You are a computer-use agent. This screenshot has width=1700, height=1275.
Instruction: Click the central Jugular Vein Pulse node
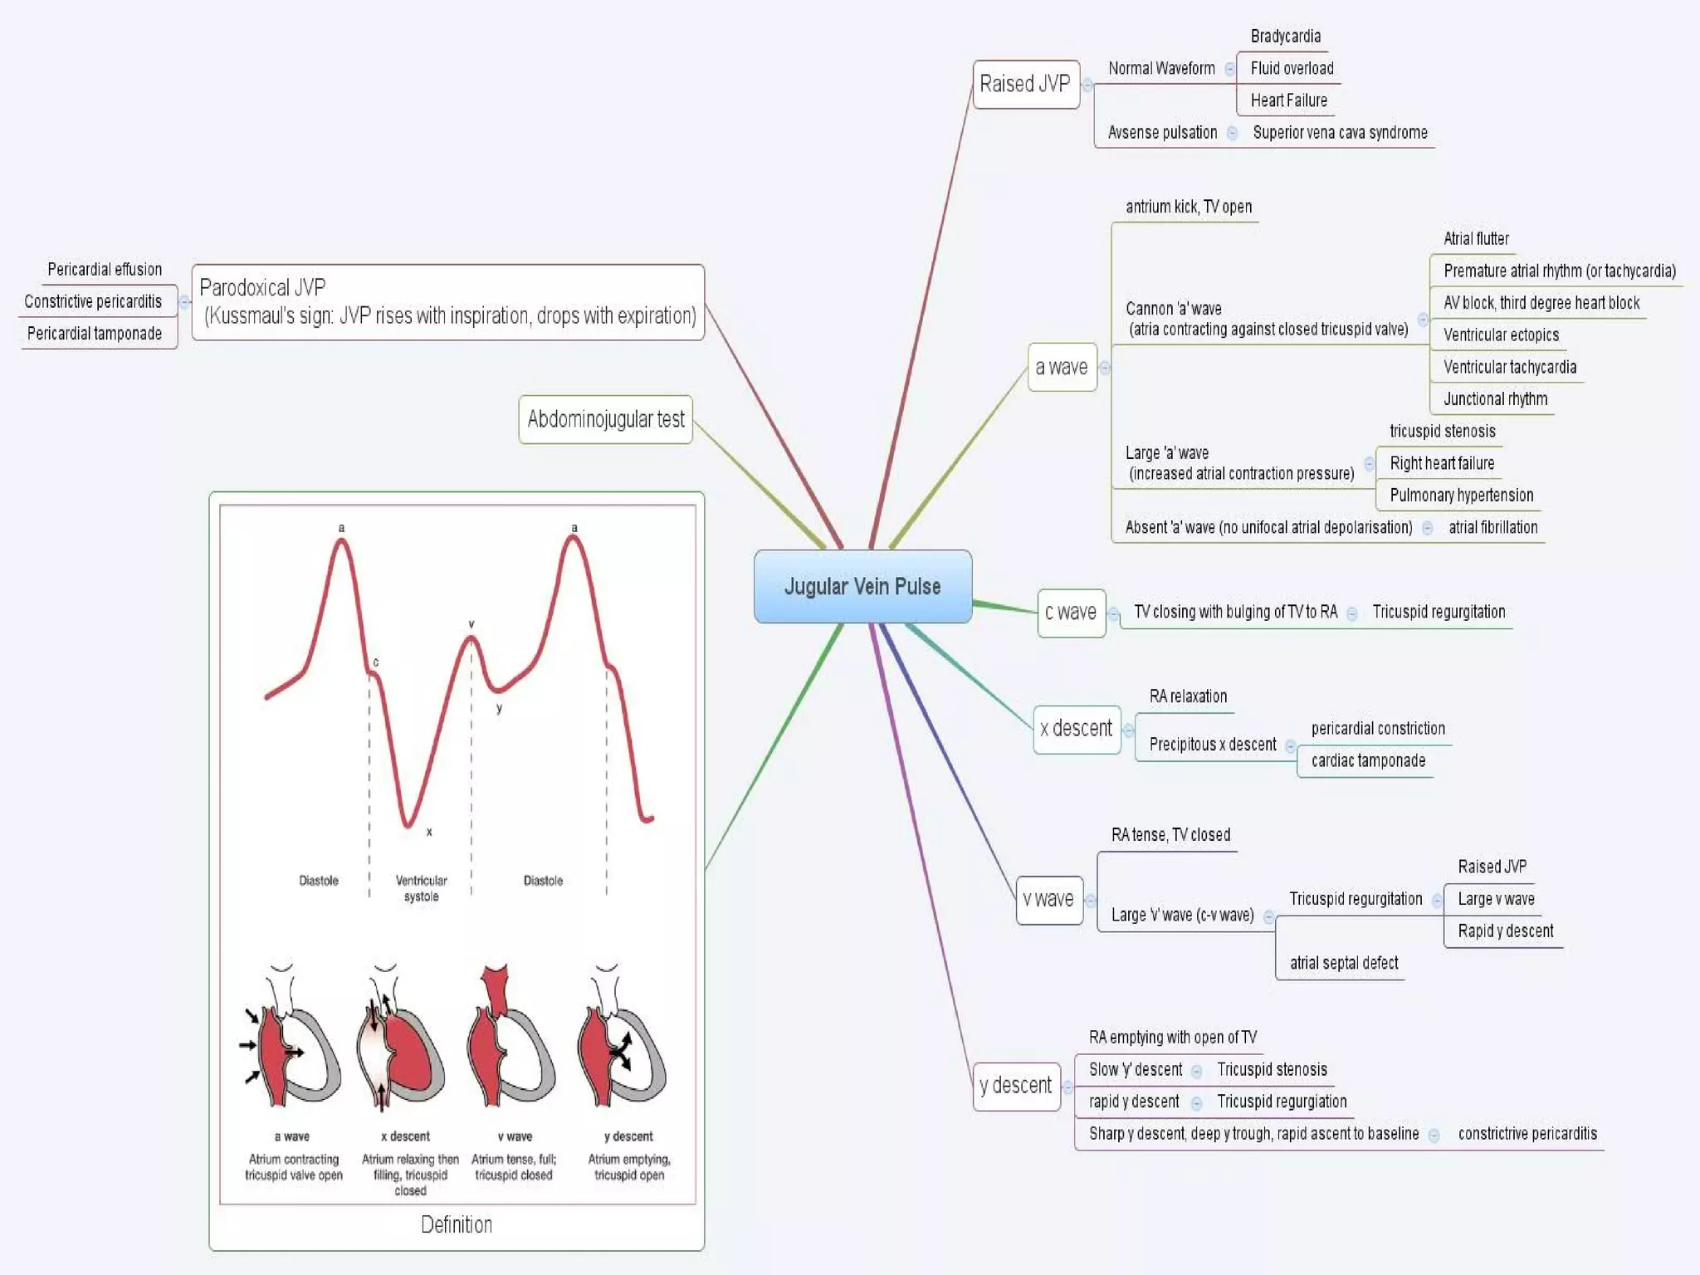coord(862,586)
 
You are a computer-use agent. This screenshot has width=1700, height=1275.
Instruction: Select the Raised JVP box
coord(1025,84)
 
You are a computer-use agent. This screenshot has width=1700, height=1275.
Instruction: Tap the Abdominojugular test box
coord(606,419)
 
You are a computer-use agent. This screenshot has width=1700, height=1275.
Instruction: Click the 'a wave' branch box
coord(1062,367)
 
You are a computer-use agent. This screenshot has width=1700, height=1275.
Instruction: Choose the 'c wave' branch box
coord(1071,613)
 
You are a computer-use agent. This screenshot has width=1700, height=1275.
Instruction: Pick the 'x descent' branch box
coord(1076,729)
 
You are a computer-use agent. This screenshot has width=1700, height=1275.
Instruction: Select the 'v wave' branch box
coord(1048,900)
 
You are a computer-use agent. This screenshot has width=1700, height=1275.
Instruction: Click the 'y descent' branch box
coord(1015,1086)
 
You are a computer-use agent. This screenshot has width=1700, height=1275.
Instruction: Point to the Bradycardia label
coord(1285,37)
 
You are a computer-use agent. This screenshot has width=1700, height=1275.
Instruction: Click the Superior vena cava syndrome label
coord(1340,133)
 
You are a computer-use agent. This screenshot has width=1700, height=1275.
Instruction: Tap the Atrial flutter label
coord(1476,239)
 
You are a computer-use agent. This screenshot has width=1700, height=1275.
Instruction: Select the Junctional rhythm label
coord(1495,399)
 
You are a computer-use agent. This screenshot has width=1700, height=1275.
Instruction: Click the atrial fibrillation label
coord(1492,528)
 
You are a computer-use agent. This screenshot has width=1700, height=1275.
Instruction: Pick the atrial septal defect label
coord(1344,963)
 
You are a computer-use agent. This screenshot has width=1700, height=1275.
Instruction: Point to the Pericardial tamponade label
coord(95,334)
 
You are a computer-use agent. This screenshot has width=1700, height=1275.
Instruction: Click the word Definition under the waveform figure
coord(456,1224)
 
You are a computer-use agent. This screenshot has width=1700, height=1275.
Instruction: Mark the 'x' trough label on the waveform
coord(429,832)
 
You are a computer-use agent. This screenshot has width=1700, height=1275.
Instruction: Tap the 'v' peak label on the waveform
coord(471,624)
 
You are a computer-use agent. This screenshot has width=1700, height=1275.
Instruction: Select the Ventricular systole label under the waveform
coord(421,888)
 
